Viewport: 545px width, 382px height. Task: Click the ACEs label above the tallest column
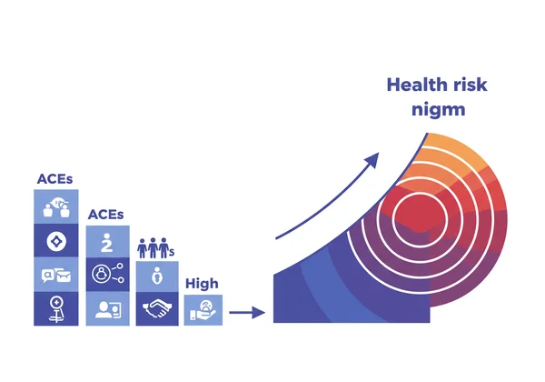(x=55, y=179)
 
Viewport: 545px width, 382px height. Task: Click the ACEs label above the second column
(x=105, y=215)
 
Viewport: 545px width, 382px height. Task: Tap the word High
(x=202, y=284)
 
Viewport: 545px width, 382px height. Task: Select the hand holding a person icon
(x=203, y=310)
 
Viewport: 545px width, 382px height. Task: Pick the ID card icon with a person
(x=106, y=310)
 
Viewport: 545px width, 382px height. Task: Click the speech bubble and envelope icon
(x=55, y=275)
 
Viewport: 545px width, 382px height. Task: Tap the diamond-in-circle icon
(x=55, y=241)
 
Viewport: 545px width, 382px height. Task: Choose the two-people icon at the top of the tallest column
(x=55, y=206)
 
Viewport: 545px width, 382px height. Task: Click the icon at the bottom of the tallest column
(x=55, y=309)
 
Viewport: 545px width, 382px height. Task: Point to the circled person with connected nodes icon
(x=106, y=274)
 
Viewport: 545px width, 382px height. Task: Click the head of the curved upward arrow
(x=372, y=161)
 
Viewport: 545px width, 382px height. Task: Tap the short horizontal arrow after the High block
(x=246, y=314)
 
